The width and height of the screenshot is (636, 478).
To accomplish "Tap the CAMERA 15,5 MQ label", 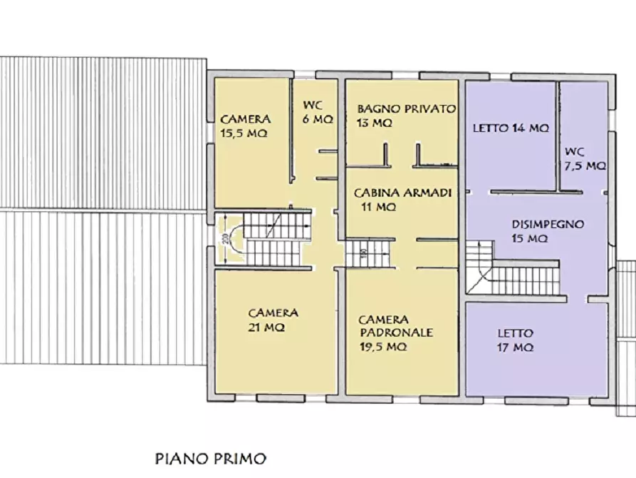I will (x=244, y=126).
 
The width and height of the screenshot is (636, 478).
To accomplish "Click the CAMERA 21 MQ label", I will (x=273, y=320).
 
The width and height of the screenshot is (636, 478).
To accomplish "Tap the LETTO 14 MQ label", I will (x=511, y=129).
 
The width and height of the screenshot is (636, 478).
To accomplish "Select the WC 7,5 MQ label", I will (x=585, y=158).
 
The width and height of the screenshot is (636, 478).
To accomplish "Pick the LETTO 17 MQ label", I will (x=515, y=340).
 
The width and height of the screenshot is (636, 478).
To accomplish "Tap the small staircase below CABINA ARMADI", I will (x=369, y=253).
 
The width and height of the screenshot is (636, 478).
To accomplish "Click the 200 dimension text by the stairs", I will (x=224, y=239).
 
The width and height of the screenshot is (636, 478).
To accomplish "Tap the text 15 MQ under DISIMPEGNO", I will (x=528, y=238).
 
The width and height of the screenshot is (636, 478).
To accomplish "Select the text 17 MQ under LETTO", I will (x=515, y=347).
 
